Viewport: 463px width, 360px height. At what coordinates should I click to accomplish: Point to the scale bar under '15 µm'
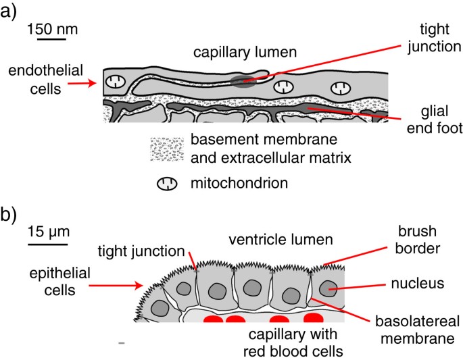47,243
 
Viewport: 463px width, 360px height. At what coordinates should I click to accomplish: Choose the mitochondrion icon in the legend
167,182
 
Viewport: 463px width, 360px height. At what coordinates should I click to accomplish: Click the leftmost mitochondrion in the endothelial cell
119,81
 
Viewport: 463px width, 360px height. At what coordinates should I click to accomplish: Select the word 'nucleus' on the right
421,284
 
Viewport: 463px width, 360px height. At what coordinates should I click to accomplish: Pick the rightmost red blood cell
314,317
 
